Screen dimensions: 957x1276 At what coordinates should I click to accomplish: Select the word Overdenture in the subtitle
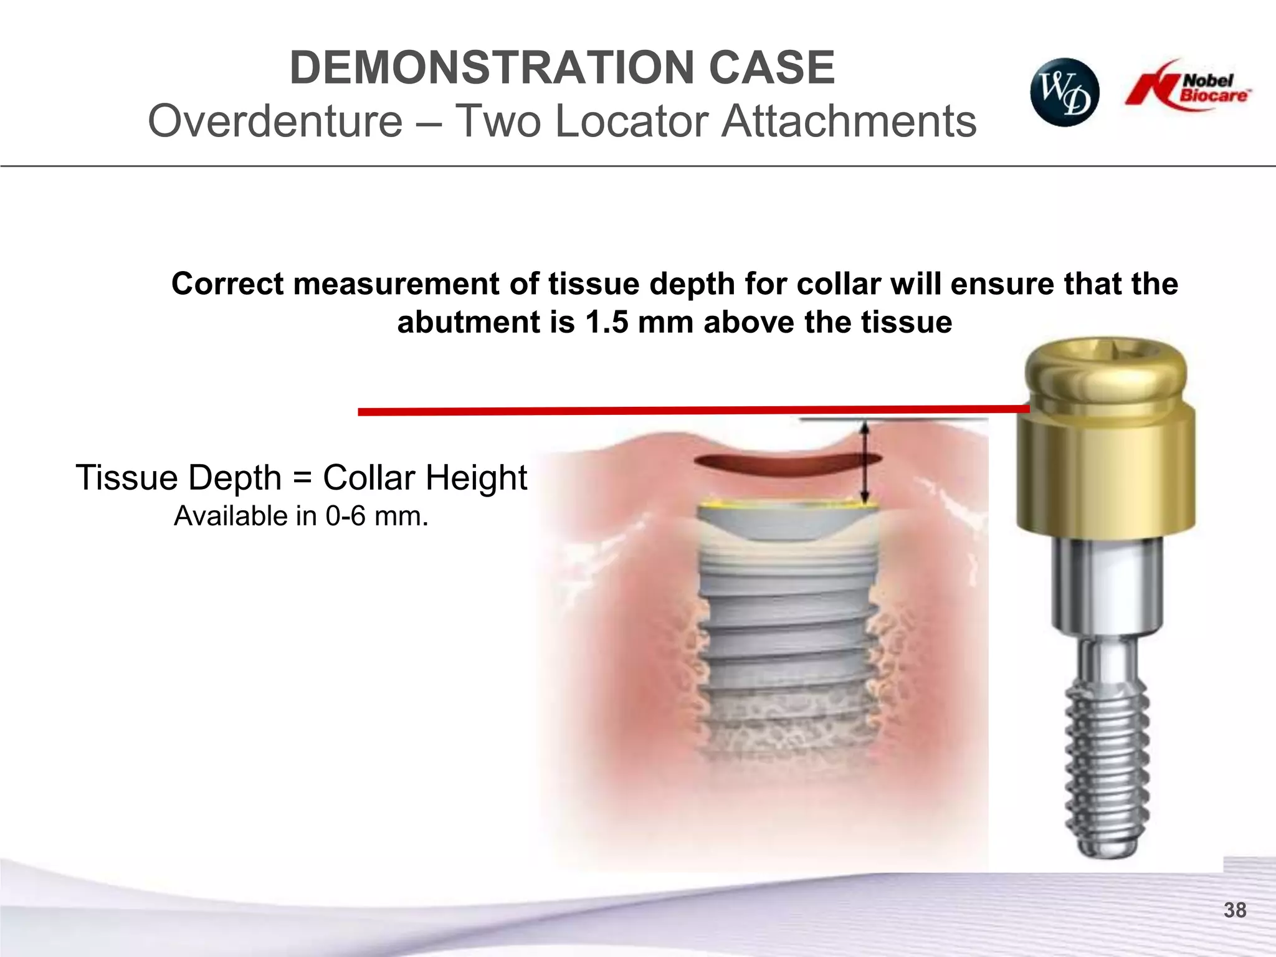275,121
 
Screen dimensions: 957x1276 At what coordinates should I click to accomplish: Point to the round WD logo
1064,92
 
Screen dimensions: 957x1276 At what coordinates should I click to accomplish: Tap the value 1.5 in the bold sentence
607,323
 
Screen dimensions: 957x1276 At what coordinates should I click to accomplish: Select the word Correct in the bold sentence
227,284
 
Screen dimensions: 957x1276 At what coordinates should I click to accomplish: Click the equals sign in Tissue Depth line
302,478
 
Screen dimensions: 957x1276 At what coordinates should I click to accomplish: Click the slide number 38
1234,910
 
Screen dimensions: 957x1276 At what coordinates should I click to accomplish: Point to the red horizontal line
685,411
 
